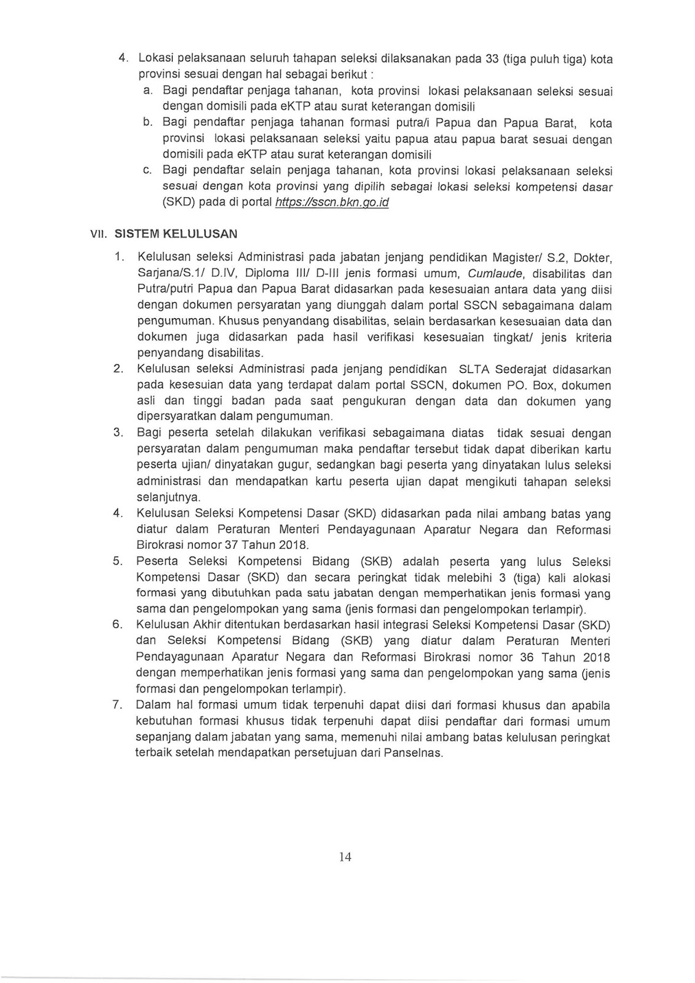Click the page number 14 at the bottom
pyautogui.click(x=345, y=858)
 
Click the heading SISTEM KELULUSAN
pyautogui.click(x=176, y=233)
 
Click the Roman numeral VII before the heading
pyautogui.click(x=98, y=234)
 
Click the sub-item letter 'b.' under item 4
pyautogui.click(x=147, y=122)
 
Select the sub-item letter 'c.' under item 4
pyautogui.click(x=147, y=170)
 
